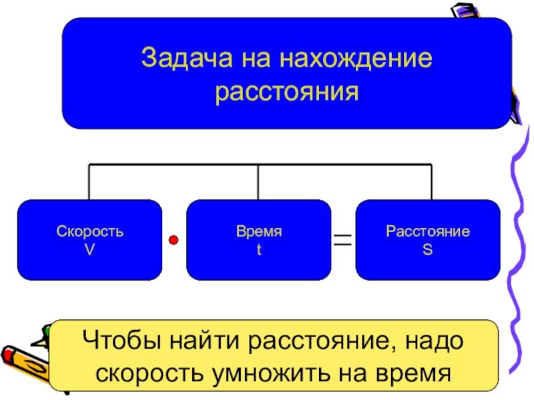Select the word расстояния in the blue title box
point(287,91)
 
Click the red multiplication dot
point(173,239)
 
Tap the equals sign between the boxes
point(342,240)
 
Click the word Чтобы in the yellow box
point(119,343)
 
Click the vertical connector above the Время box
point(258,181)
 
